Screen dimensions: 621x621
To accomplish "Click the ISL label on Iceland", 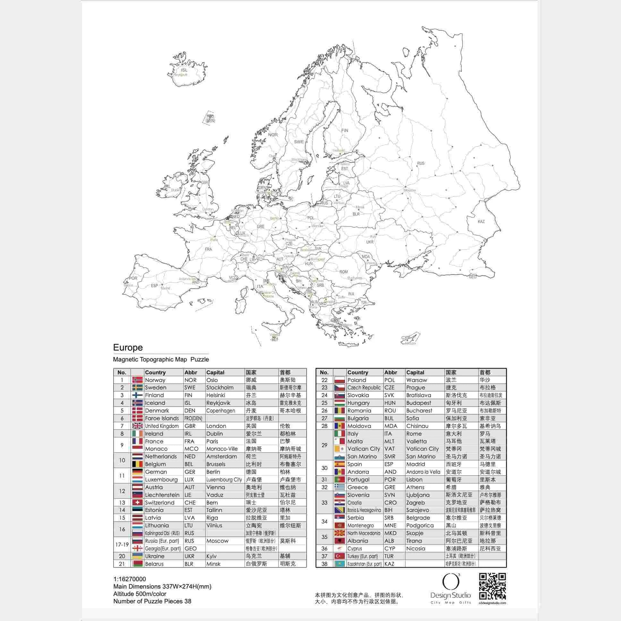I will pyautogui.click(x=184, y=70).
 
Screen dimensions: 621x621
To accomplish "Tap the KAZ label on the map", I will pyautogui.click(x=481, y=221).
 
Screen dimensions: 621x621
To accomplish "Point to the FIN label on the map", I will pyautogui.click(x=345, y=131).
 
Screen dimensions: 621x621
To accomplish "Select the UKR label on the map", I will pyautogui.click(x=370, y=242).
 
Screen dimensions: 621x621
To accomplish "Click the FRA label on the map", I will pyautogui.click(x=208, y=249).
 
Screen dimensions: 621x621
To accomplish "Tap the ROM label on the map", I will pyautogui.click(x=344, y=272).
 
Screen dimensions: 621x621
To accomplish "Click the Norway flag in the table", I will pyautogui.click(x=137, y=380).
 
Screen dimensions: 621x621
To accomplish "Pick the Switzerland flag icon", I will pyautogui.click(x=137, y=502).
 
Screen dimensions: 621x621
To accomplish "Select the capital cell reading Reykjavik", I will pyautogui.click(x=218, y=403).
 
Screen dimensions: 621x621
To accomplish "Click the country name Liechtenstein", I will pyautogui.click(x=162, y=495).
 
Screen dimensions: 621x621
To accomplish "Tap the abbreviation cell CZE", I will pyautogui.click(x=389, y=387).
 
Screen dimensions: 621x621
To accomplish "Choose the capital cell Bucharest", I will pyautogui.click(x=419, y=411).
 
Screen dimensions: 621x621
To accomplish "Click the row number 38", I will pyautogui.click(x=324, y=564).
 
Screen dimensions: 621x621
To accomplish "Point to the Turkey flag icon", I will pyautogui.click(x=340, y=556).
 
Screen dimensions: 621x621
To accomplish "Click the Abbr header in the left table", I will pyautogui.click(x=191, y=372).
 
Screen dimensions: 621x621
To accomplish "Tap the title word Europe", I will pyautogui.click(x=128, y=347).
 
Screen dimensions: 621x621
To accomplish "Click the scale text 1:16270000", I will pyautogui.click(x=130, y=579).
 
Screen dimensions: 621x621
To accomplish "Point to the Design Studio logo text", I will pyautogui.click(x=451, y=595).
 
